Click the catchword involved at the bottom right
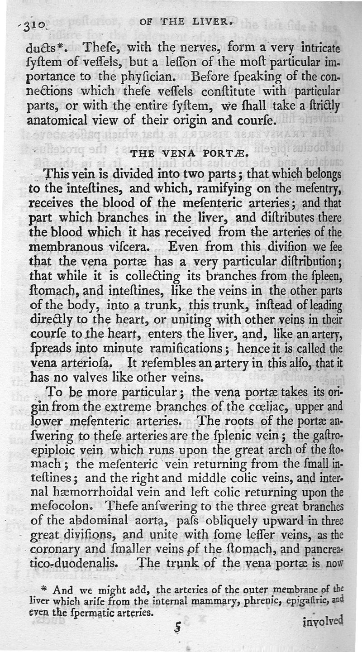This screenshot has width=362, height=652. click(323, 623)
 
